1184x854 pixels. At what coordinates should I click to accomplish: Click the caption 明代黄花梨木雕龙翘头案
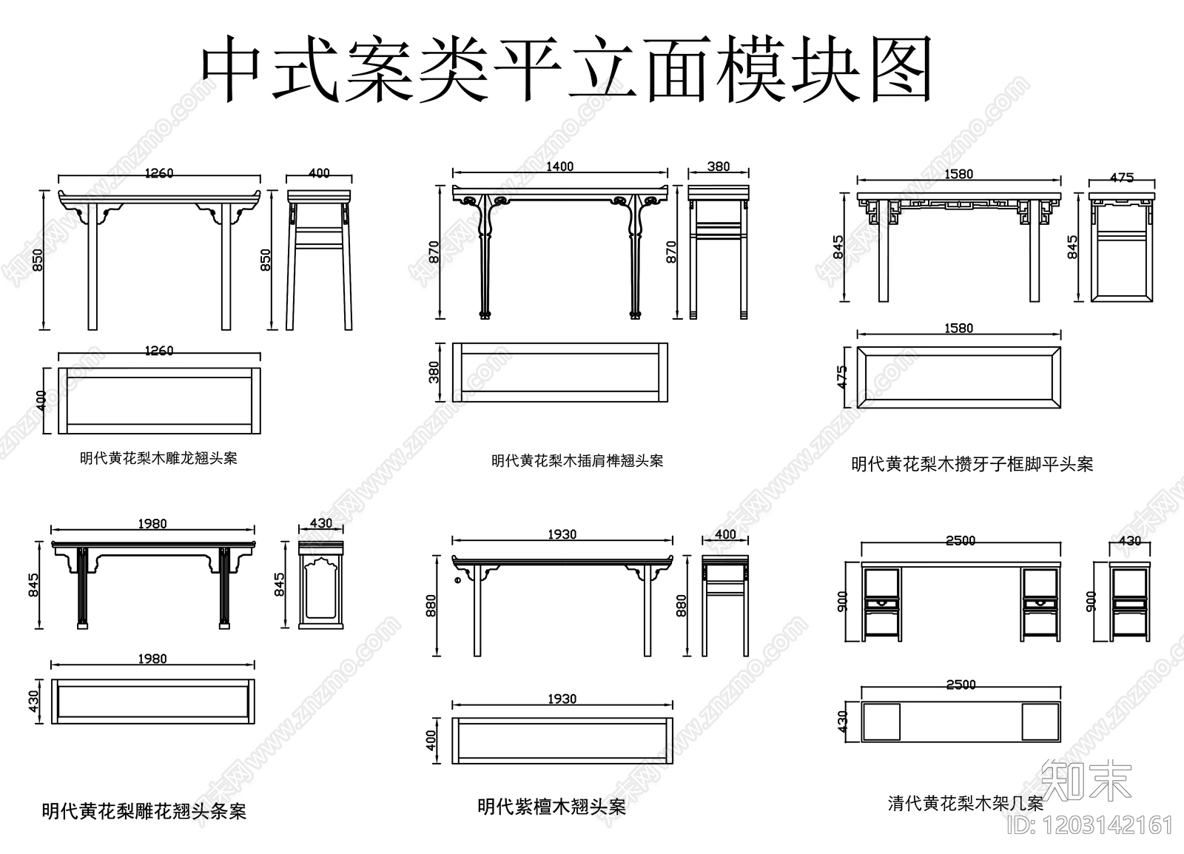(159, 458)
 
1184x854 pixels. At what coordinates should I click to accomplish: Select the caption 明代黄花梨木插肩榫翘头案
(577, 460)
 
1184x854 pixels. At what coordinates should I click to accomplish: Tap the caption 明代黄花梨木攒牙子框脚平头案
(972, 464)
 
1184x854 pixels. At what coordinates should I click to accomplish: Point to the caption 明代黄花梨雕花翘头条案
(144, 811)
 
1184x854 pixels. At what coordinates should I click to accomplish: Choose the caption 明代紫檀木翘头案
(551, 806)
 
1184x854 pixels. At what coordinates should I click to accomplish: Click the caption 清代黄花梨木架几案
(965, 803)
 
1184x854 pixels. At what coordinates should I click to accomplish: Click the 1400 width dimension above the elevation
(559, 167)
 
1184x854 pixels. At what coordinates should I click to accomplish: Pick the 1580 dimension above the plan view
(958, 328)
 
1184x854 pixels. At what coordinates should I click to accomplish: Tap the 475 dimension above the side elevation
(1122, 178)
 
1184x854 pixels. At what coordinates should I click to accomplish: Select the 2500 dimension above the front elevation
(961, 541)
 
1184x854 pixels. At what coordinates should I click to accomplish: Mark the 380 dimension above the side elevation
(718, 167)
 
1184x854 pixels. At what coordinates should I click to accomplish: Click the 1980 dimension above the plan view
(152, 659)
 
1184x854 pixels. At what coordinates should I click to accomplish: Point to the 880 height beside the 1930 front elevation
(432, 605)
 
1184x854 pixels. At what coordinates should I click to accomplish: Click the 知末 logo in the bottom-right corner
(1086, 781)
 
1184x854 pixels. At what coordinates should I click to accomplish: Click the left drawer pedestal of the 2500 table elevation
(882, 604)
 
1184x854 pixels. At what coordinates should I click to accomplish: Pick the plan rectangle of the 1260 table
(159, 400)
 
